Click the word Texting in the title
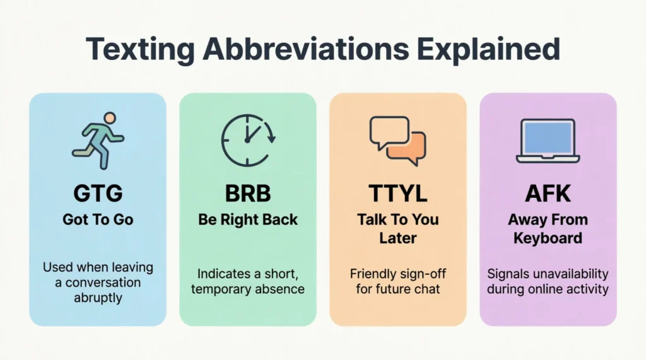pyautogui.click(x=140, y=49)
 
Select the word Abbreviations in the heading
pyautogui.click(x=306, y=49)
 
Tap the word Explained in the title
pyautogui.click(x=488, y=49)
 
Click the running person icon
pyautogui.click(x=98, y=141)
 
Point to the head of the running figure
pyautogui.click(x=110, y=119)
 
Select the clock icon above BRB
pyautogui.click(x=248, y=141)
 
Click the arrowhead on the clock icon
pyautogui.click(x=271, y=139)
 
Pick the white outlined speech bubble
pyautogui.click(x=389, y=131)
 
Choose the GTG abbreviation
pyautogui.click(x=98, y=193)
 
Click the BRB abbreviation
pyautogui.click(x=248, y=193)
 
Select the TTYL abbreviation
pyautogui.click(x=398, y=193)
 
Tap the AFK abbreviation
pyautogui.click(x=548, y=193)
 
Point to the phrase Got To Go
pyautogui.click(x=98, y=219)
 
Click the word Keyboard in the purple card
pyautogui.click(x=548, y=238)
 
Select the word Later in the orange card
pyautogui.click(x=398, y=238)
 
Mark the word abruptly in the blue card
pyautogui.click(x=98, y=298)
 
